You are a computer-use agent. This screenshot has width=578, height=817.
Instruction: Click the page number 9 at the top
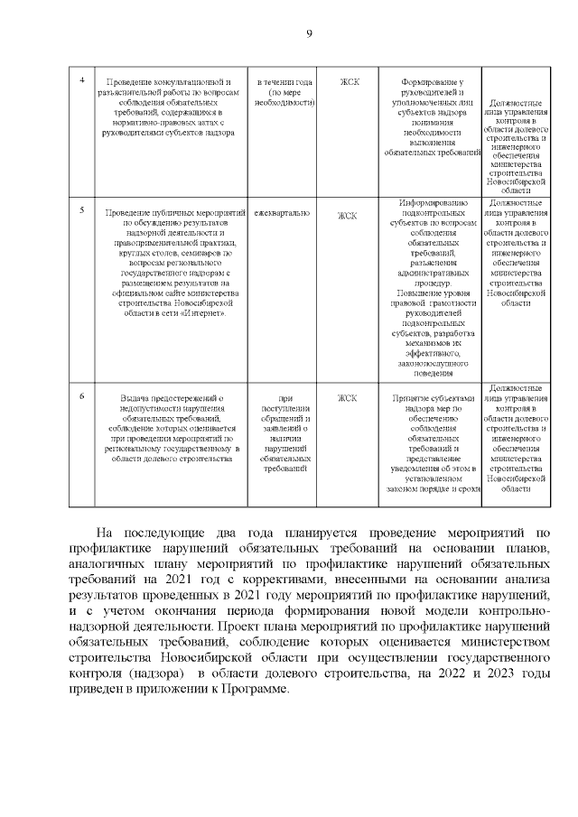tap(309, 33)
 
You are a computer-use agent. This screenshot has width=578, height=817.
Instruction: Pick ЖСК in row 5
tap(349, 216)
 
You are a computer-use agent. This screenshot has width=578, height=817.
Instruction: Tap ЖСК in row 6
tap(349, 397)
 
